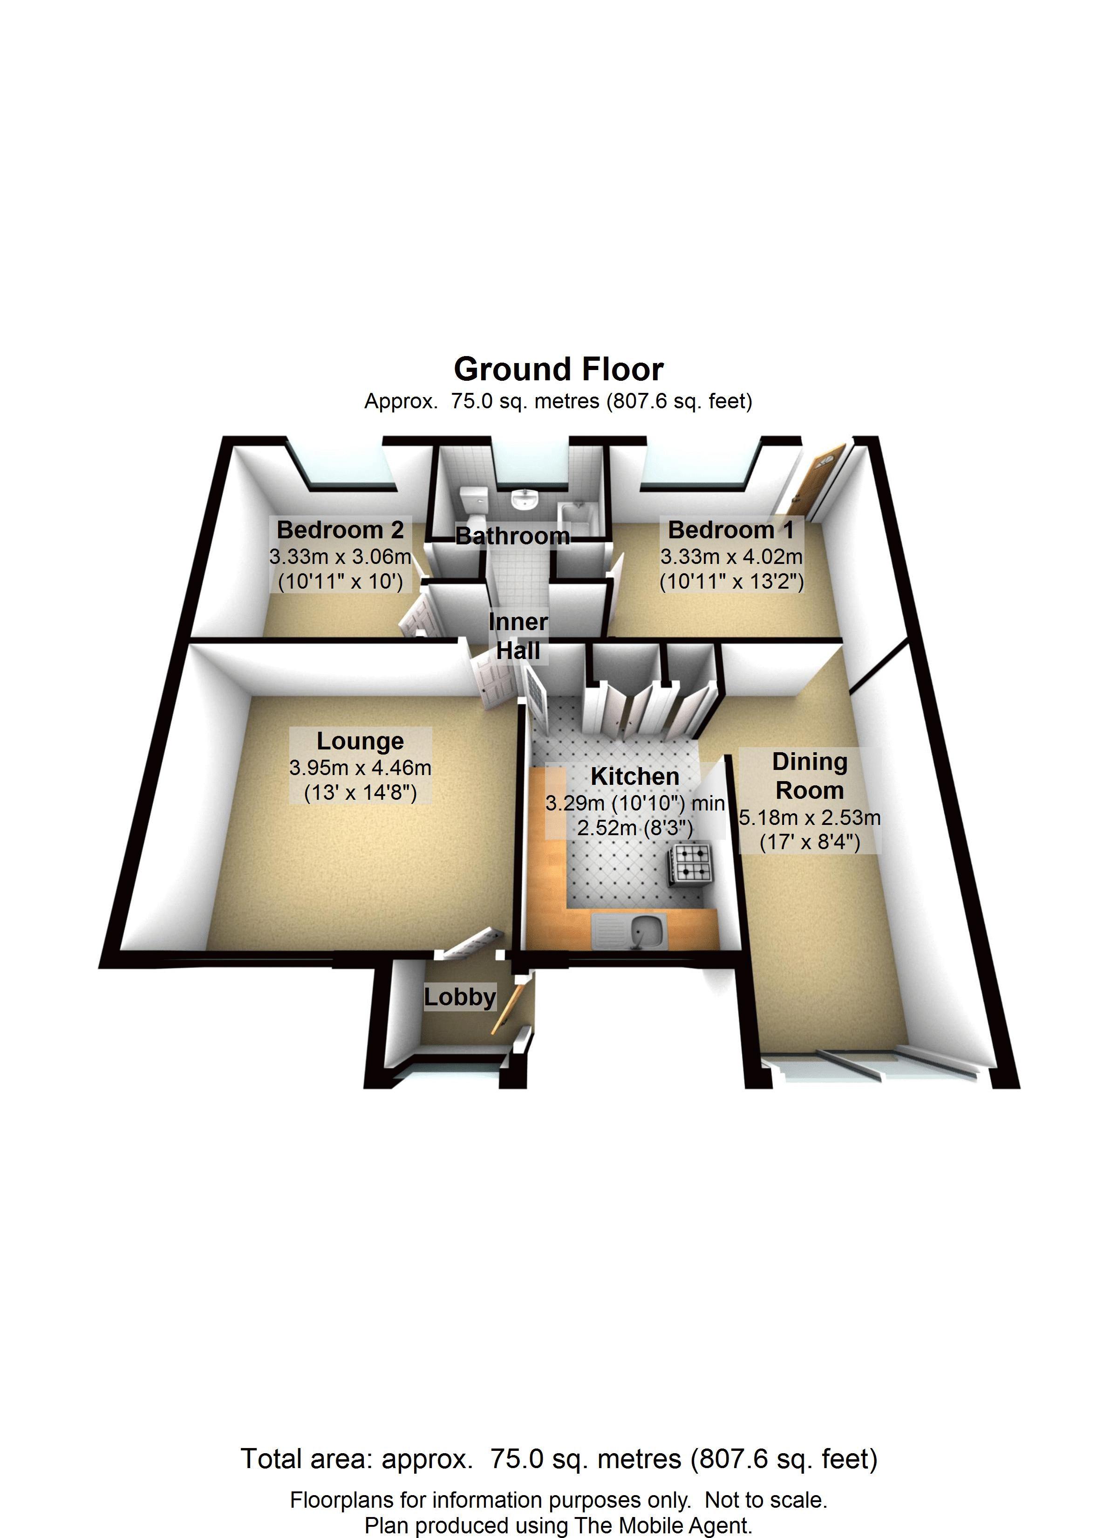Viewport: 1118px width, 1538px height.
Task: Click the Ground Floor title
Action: [558, 370]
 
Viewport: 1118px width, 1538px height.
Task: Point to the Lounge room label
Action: [360, 741]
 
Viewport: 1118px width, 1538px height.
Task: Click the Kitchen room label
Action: [634, 776]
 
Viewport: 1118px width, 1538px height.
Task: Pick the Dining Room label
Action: [810, 776]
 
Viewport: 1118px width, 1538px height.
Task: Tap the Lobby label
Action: [460, 997]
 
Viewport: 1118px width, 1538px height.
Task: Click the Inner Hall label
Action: [518, 636]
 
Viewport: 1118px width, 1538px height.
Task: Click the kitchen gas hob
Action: [692, 865]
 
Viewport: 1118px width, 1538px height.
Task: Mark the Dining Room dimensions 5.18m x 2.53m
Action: [810, 818]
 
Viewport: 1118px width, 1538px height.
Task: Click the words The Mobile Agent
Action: [663, 1526]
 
